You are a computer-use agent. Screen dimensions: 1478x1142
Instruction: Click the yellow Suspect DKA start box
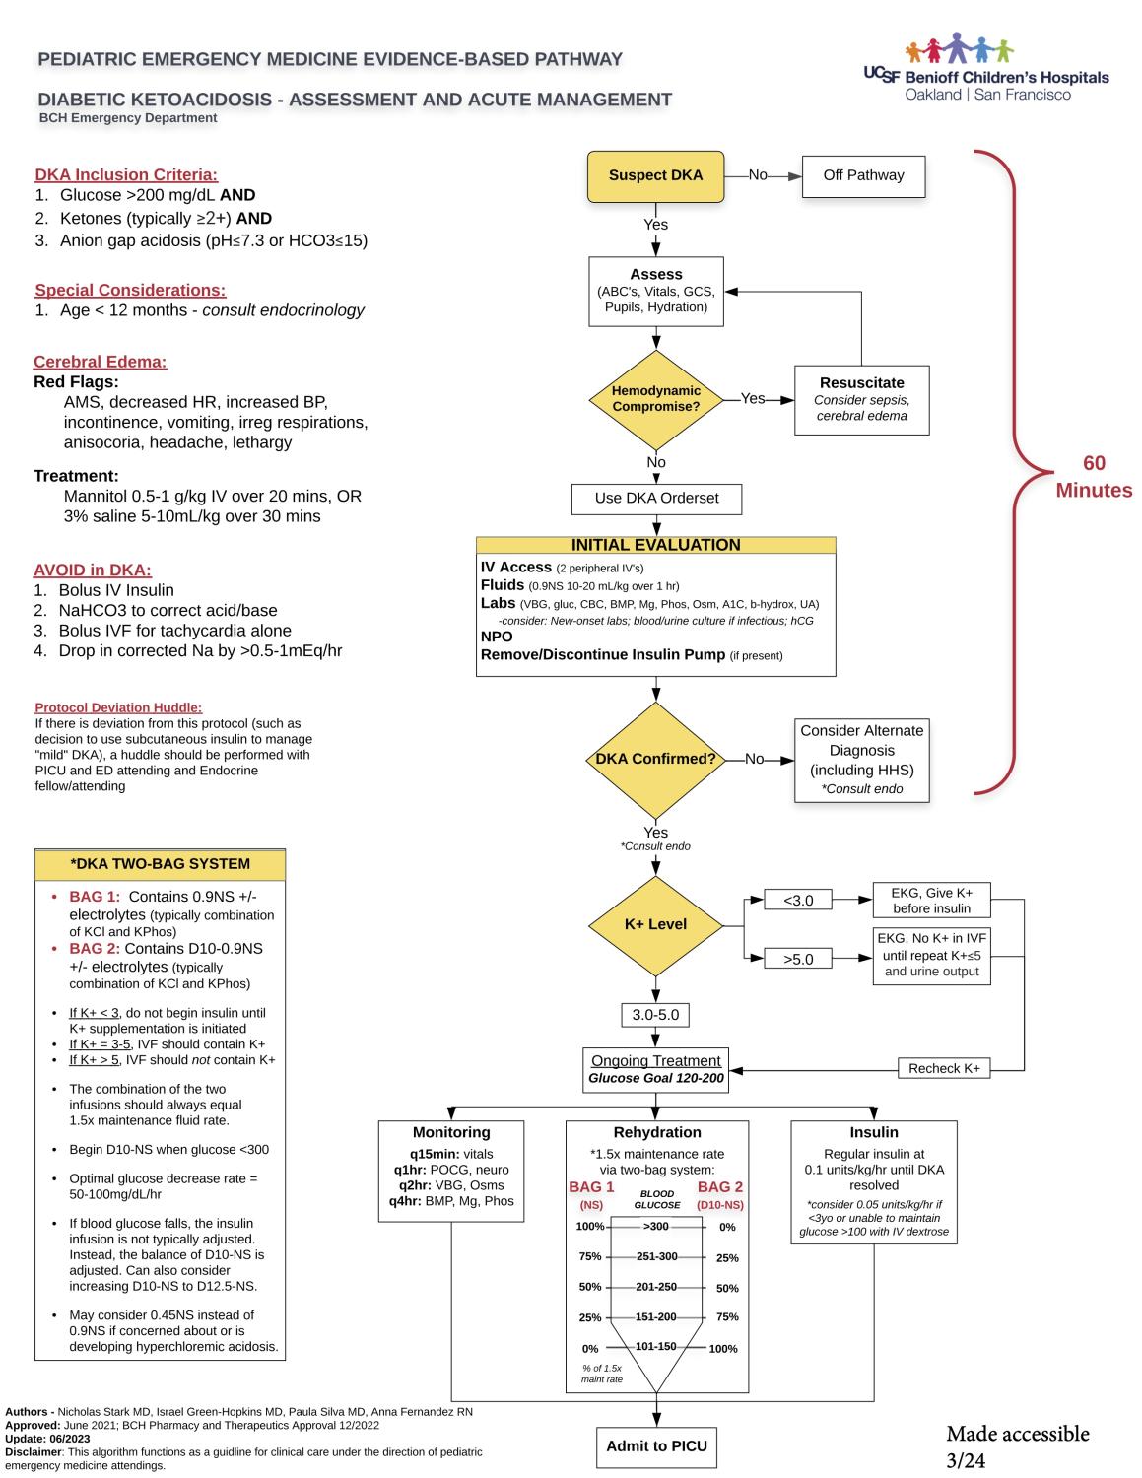coord(655,175)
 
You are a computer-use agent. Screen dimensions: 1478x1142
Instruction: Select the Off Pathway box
coord(863,175)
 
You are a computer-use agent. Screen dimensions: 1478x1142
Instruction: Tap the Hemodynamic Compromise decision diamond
coord(655,398)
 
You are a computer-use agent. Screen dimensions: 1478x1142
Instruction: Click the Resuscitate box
coord(861,398)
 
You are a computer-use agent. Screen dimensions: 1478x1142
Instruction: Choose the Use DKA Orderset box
coord(656,499)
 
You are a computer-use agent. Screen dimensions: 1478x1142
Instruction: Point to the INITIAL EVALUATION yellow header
coord(655,545)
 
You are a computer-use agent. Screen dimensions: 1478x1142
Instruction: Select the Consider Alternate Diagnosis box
coord(861,759)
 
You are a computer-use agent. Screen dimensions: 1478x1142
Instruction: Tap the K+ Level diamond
coord(655,924)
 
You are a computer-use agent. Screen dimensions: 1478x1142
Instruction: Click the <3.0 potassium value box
coord(798,900)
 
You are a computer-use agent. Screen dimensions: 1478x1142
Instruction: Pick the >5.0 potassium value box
coord(798,959)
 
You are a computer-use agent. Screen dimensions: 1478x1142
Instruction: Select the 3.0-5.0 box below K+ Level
coord(655,1015)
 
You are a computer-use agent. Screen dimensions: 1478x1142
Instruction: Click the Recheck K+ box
coord(944,1068)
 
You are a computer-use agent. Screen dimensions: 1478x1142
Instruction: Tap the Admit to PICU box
coord(656,1446)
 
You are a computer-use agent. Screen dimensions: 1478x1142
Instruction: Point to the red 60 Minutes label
coord(1094,477)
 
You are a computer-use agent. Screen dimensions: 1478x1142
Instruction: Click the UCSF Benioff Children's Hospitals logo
coord(985,69)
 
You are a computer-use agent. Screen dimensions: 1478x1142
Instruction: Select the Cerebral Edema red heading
coord(101,362)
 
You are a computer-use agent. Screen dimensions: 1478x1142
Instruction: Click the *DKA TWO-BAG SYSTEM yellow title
coord(160,864)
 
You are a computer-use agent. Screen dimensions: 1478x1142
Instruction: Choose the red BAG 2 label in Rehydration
coord(720,1187)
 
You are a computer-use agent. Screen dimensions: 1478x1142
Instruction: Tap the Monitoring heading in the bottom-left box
coord(451,1132)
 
